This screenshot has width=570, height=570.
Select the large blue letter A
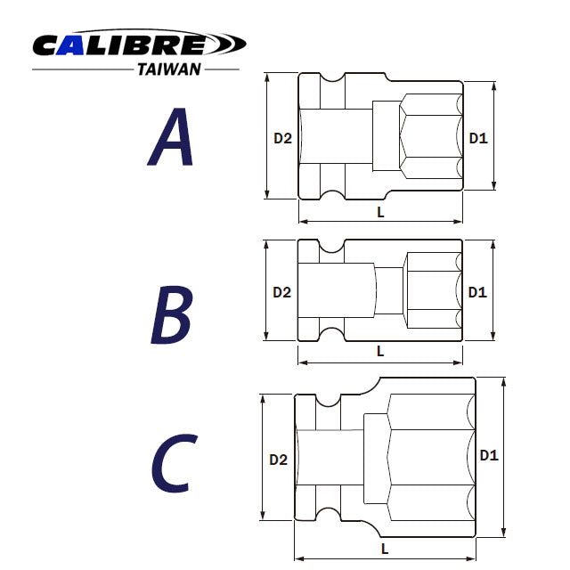tap(172, 137)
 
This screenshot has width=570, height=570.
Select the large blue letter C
tap(170, 464)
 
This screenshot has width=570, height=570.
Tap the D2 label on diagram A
tap(282, 137)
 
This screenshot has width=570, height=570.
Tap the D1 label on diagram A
tap(478, 137)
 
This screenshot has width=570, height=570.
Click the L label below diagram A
tap(381, 212)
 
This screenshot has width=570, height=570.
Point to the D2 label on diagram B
tap(282, 291)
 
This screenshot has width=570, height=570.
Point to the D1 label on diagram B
tap(477, 291)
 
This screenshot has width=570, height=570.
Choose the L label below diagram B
tap(380, 351)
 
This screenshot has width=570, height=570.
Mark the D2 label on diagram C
tap(279, 460)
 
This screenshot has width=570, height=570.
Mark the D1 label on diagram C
tap(489, 455)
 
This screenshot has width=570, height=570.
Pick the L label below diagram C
tap(385, 549)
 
